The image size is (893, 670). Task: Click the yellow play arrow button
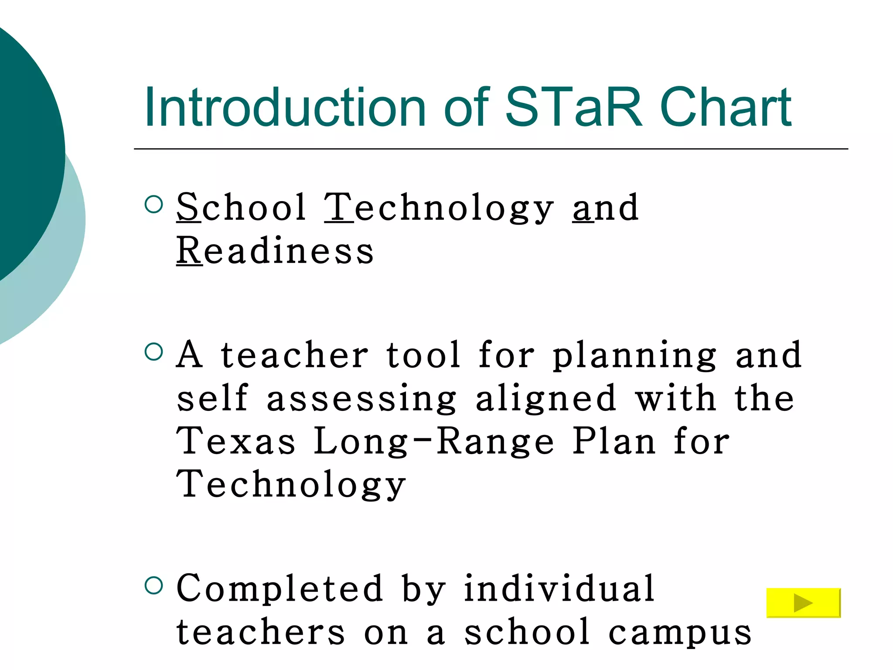click(x=803, y=603)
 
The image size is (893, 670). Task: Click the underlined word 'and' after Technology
click(x=606, y=209)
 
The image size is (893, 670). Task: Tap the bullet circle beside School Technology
click(x=153, y=204)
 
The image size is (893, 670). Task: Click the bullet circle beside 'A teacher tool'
click(x=153, y=352)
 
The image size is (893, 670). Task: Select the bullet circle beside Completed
click(x=153, y=585)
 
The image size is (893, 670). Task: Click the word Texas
click(x=235, y=441)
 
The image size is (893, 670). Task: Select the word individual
click(x=559, y=589)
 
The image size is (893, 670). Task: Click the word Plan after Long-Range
click(x=614, y=441)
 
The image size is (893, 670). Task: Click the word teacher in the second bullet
click(x=295, y=355)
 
